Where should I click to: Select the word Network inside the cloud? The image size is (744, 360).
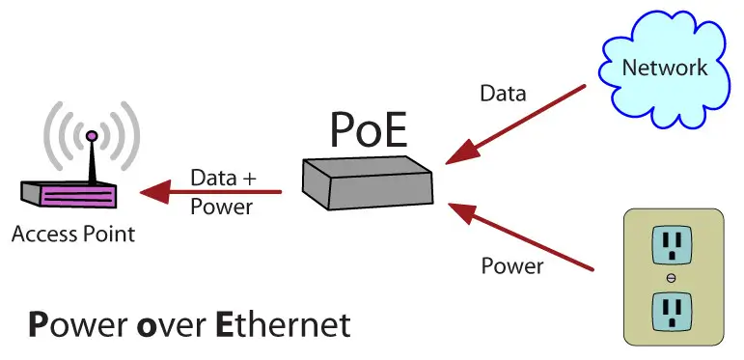pyautogui.click(x=664, y=68)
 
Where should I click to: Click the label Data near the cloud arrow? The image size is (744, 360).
pyautogui.click(x=503, y=94)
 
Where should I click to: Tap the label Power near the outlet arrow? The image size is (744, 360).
pyautogui.click(x=511, y=264)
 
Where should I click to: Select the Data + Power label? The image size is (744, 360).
pyautogui.click(x=222, y=191)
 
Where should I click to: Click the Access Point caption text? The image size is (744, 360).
pyautogui.click(x=73, y=234)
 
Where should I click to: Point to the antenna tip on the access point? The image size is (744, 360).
pyautogui.click(x=91, y=135)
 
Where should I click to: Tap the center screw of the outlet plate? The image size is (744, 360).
pyautogui.click(x=670, y=278)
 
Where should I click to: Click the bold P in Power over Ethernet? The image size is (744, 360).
pyautogui.click(x=37, y=324)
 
